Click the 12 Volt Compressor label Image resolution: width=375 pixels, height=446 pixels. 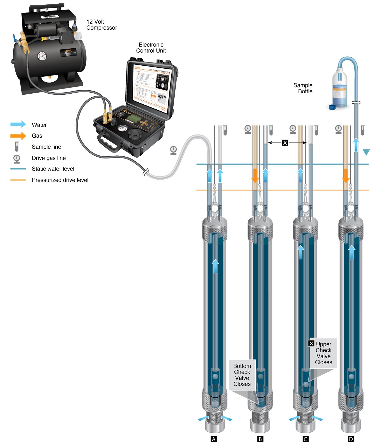click(101, 25)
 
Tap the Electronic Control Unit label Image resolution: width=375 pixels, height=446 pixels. click(151, 48)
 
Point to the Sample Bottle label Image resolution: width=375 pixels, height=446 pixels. click(303, 88)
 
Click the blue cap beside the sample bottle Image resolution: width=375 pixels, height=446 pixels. click(332, 107)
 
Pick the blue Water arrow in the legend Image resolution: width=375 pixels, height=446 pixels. click(18, 124)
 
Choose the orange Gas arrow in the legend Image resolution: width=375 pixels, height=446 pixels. click(18, 136)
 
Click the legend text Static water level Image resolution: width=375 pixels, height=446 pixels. click(53, 169)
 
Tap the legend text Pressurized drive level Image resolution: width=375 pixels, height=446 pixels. click(60, 180)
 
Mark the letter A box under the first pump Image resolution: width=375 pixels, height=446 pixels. click(214, 439)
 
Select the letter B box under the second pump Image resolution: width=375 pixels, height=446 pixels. click(260, 439)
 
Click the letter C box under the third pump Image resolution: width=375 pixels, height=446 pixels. click(305, 439)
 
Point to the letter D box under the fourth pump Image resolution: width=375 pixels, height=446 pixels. click(351, 439)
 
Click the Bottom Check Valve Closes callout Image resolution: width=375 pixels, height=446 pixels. click(242, 375)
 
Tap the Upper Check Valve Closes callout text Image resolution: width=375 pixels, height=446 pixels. click(323, 353)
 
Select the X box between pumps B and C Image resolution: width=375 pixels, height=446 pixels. click(285, 143)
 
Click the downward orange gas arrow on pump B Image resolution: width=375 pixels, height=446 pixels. click(255, 175)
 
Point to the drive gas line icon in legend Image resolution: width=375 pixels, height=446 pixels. click(17, 158)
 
